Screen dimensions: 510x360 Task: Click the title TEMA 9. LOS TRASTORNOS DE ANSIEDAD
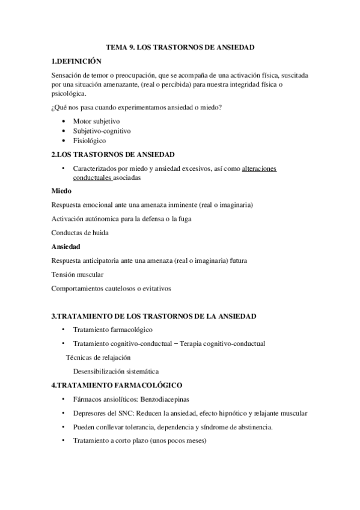[x=180, y=46]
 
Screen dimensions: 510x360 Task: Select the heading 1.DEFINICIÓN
[x=77, y=61]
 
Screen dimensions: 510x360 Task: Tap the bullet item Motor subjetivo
[x=96, y=121]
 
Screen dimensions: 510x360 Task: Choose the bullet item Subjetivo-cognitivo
[x=102, y=131]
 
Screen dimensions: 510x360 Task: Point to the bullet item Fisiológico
[x=90, y=140]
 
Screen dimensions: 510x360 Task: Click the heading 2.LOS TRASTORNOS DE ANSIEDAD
[x=113, y=155]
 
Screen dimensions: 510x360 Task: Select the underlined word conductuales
[x=92, y=178]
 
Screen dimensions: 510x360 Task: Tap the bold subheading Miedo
[x=62, y=191]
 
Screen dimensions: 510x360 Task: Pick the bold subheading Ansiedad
[x=66, y=247]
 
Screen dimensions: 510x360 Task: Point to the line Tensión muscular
[x=78, y=274]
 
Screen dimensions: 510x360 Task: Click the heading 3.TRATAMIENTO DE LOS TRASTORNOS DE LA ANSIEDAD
[x=154, y=316]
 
